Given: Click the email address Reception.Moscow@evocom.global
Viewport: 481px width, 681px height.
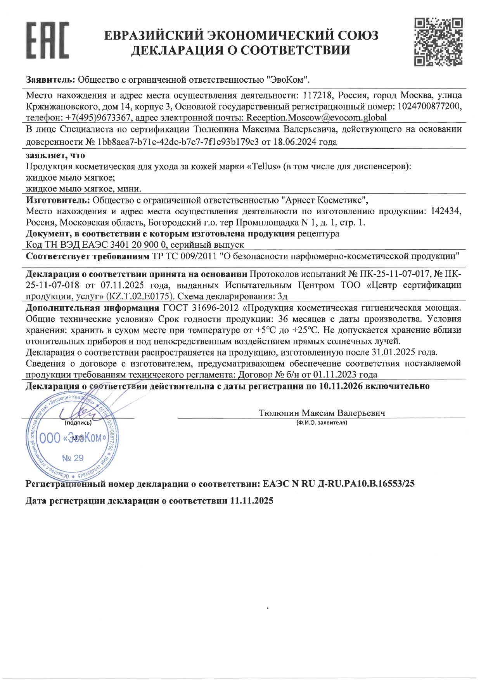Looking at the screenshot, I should tap(317, 117).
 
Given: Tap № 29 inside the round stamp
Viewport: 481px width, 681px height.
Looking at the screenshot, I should tap(73, 458).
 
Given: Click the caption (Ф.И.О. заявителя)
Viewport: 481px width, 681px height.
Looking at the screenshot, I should tap(321, 422).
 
